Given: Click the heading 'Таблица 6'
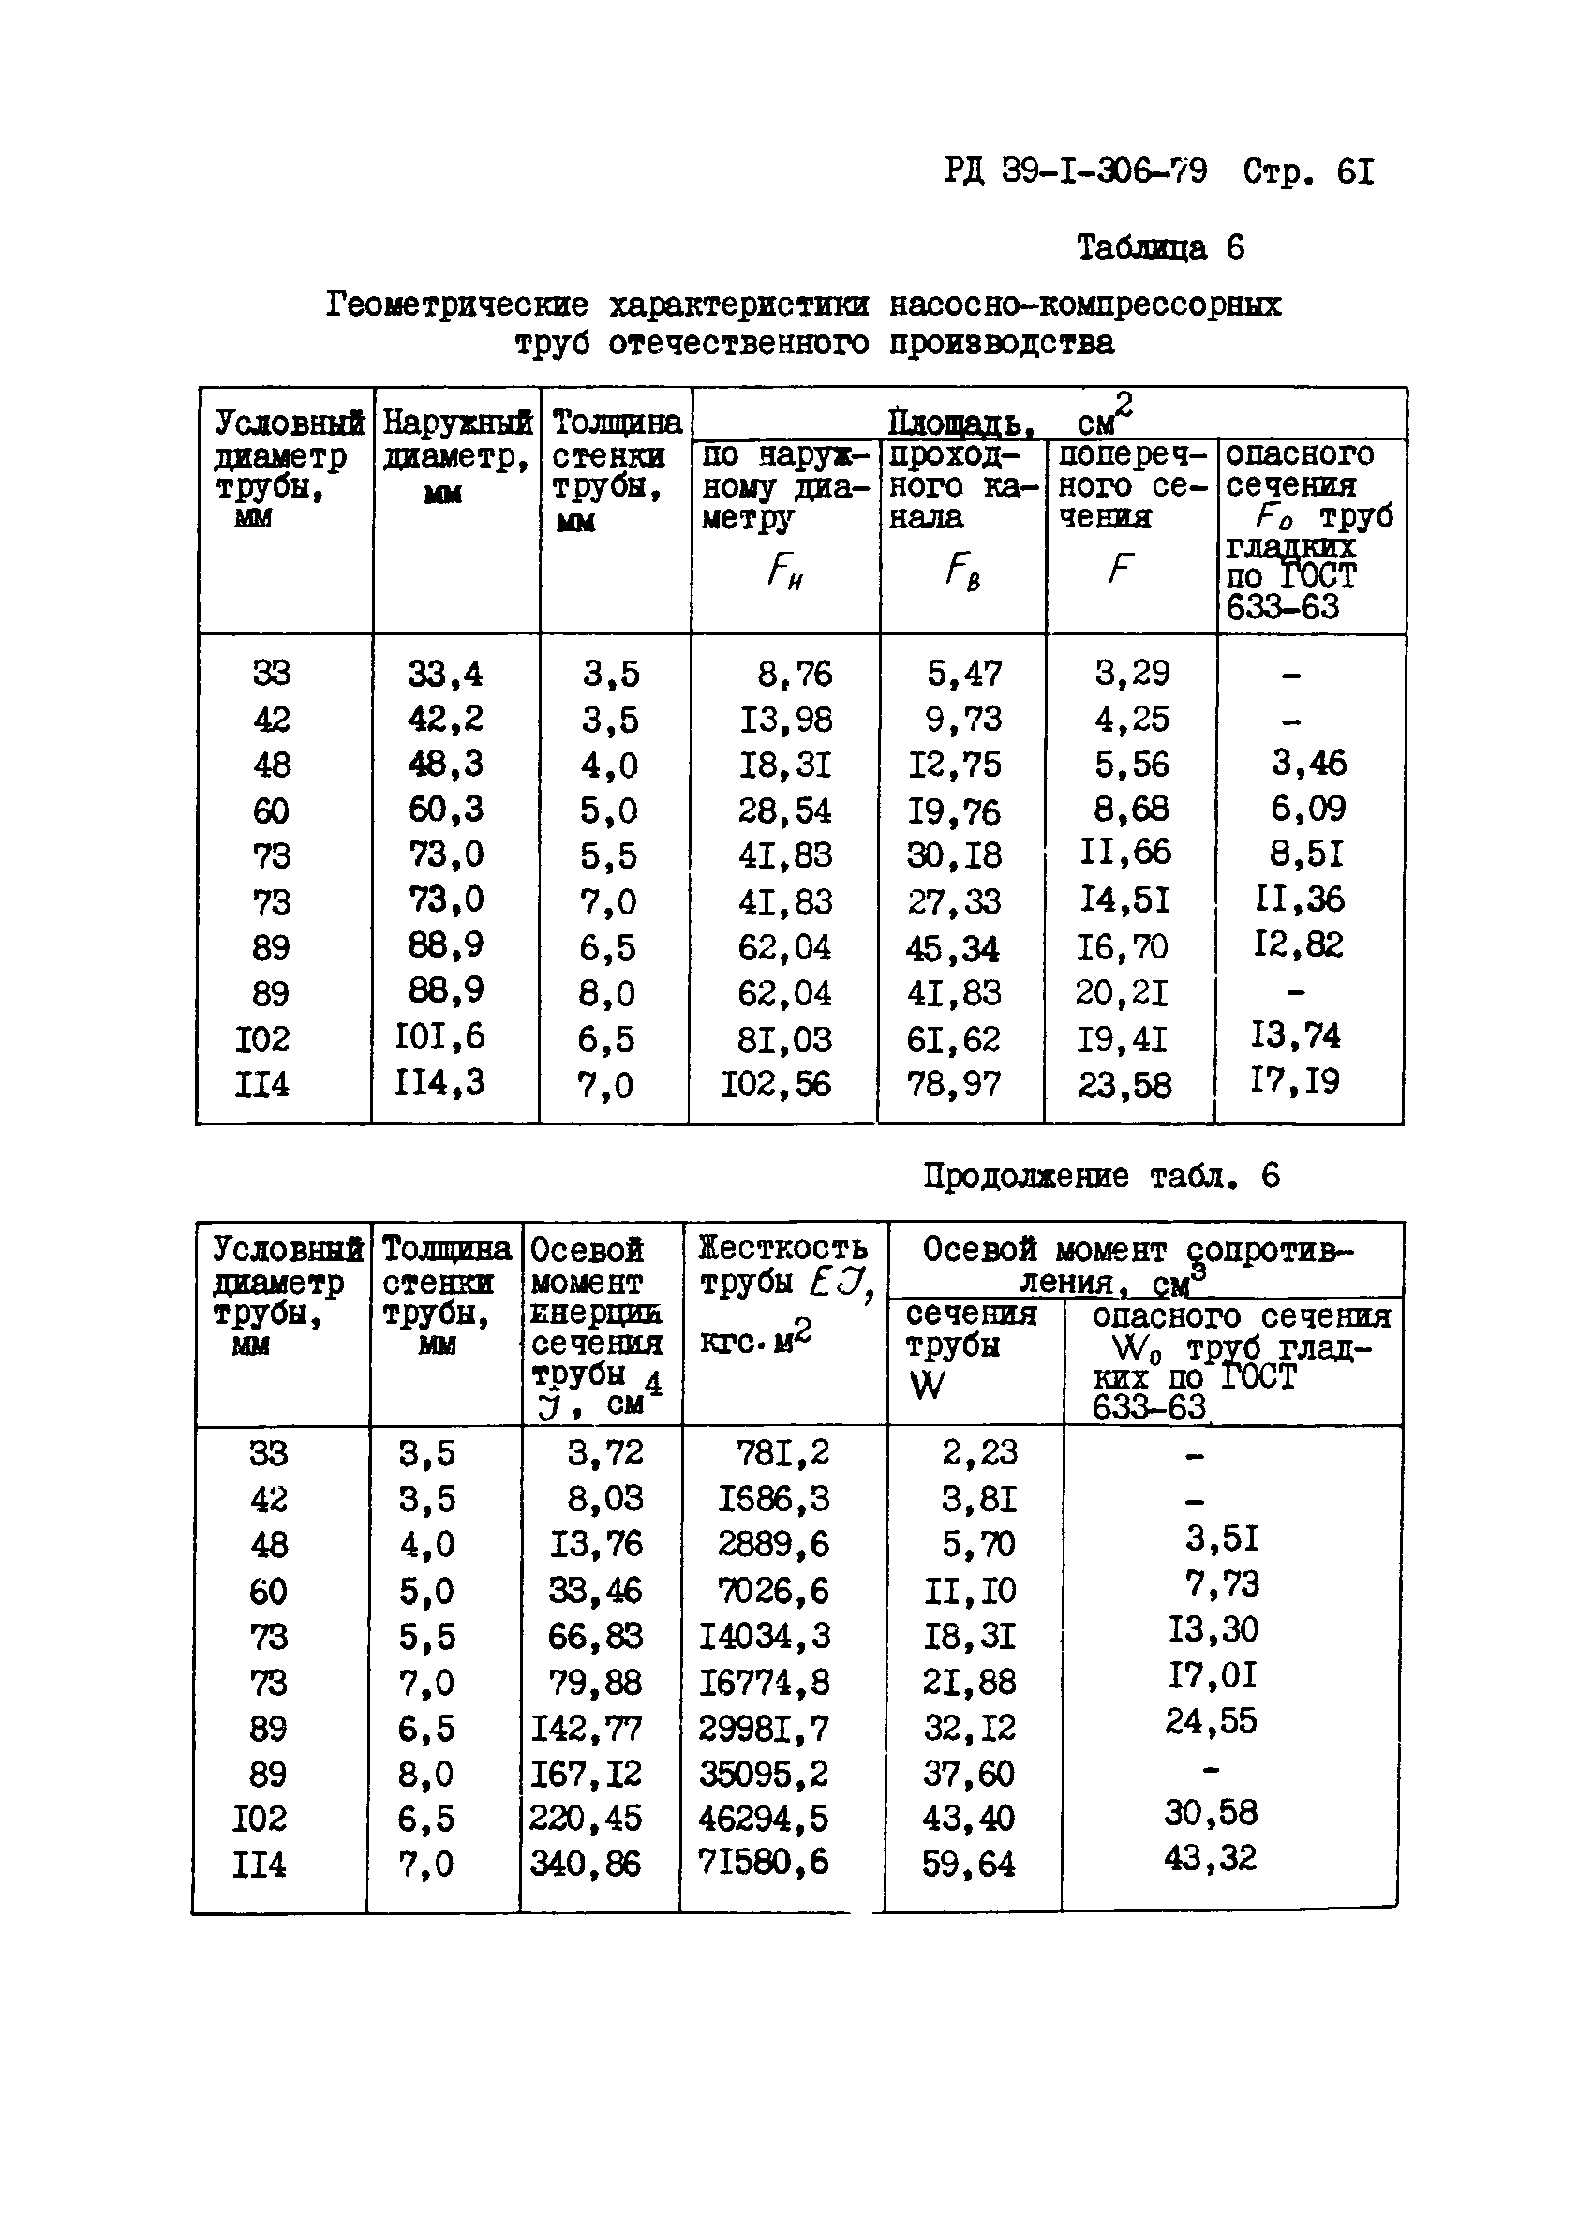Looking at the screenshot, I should (x=1160, y=248).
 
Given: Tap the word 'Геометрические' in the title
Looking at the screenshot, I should (x=457, y=305).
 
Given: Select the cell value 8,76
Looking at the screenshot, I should (x=795, y=674).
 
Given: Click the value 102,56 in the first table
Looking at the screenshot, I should (x=775, y=1083).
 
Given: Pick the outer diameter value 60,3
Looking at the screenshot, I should (x=445, y=810).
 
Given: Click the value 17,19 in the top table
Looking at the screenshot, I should (x=1295, y=1080).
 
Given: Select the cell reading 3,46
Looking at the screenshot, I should (x=1308, y=763).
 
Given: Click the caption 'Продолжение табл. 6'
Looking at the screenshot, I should (x=1101, y=1175).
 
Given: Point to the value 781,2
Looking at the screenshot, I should (x=782, y=1452).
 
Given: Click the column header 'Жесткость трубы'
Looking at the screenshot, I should (x=782, y=1265).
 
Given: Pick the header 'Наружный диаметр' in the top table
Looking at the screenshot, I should (x=455, y=439).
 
